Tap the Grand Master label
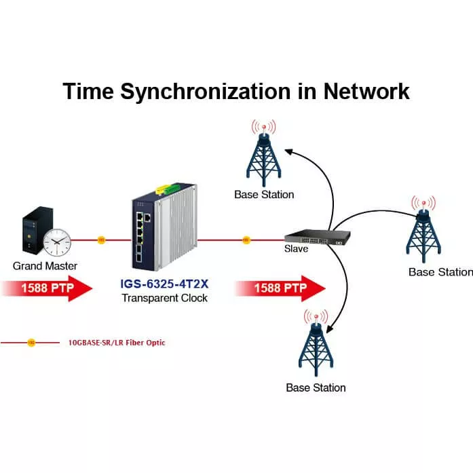pos(45,266)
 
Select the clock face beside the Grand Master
pos(56,241)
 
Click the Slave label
pos(296,249)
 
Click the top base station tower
pos(263,157)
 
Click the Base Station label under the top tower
pos(264,195)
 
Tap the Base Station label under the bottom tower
pos(316,388)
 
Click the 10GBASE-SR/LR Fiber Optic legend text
pos(117,343)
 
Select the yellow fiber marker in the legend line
pos(31,343)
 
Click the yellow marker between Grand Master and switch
pos(101,240)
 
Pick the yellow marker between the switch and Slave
pos(246,240)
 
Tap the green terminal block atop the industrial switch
pos(170,187)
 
